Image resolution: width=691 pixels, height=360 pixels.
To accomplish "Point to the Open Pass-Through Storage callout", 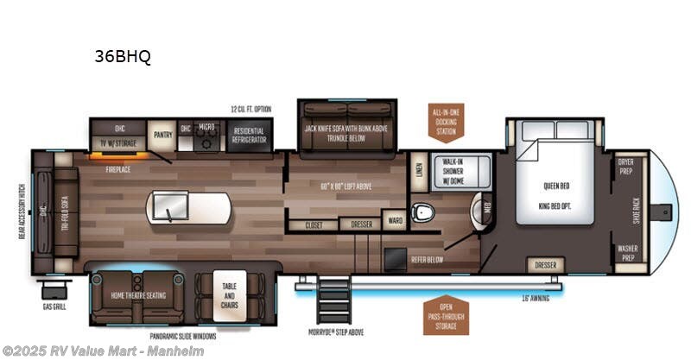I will pos(447,314).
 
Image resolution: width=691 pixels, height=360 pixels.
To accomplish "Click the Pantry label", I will pos(162,135).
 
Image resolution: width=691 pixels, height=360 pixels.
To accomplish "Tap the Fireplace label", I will pos(118,169).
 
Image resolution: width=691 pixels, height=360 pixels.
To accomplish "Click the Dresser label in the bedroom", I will pos(545,265).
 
